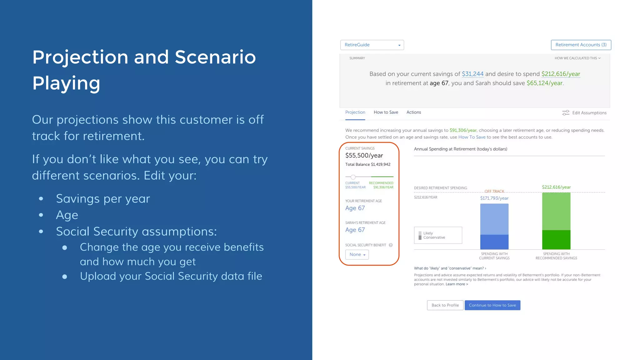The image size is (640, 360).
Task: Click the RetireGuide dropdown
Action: pyautogui.click(x=372, y=45)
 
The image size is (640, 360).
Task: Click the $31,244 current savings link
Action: pyautogui.click(x=472, y=74)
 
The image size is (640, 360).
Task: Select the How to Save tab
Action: pyautogui.click(x=386, y=112)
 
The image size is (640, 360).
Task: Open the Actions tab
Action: pyautogui.click(x=413, y=112)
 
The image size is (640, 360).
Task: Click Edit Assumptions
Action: pyautogui.click(x=584, y=113)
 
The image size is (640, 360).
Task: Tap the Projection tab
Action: pyautogui.click(x=355, y=112)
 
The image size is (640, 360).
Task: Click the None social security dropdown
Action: pyautogui.click(x=357, y=255)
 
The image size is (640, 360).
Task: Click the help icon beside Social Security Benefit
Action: pyautogui.click(x=391, y=245)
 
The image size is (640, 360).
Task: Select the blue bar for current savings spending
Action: pyautogui.click(x=494, y=227)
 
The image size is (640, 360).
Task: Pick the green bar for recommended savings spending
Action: pyautogui.click(x=556, y=221)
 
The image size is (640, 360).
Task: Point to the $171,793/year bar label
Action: pyautogui.click(x=494, y=198)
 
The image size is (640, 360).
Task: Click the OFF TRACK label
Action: pyautogui.click(x=494, y=191)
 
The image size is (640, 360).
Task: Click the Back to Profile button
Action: pyautogui.click(x=445, y=305)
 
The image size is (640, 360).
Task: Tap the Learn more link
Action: pyautogui.click(x=457, y=284)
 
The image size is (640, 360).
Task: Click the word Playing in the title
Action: pyautogui.click(x=66, y=83)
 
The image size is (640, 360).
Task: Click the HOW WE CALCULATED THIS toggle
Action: pyautogui.click(x=577, y=58)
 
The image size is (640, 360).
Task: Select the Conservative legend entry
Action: pyautogui.click(x=434, y=238)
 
